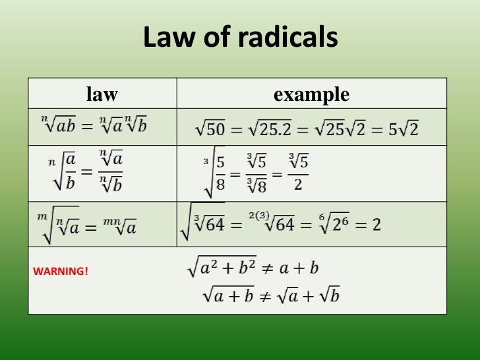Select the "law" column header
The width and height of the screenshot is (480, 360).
[x=102, y=94]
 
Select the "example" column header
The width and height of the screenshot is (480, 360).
[x=311, y=94]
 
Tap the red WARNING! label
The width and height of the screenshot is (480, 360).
[x=60, y=270]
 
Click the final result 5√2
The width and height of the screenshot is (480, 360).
[x=404, y=129]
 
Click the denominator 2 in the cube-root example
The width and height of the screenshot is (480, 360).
[x=298, y=185]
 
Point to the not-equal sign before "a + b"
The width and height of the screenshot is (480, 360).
[x=285, y=268]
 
